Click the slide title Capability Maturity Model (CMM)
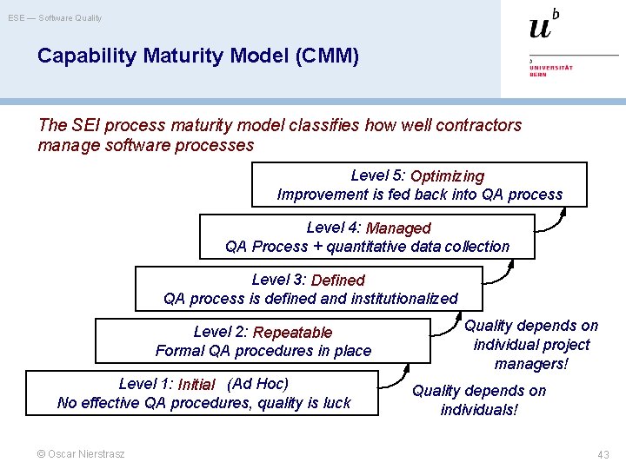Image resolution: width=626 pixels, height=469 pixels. point(197,56)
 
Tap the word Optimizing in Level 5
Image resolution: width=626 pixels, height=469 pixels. point(447,176)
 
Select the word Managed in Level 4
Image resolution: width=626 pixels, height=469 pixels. point(398,228)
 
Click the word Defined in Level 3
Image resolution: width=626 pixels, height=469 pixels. point(337,280)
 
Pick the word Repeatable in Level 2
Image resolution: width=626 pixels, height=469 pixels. point(292,332)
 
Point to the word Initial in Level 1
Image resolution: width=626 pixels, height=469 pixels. point(196,385)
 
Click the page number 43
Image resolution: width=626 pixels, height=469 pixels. point(603,455)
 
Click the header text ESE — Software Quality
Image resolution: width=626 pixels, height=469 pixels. point(56,17)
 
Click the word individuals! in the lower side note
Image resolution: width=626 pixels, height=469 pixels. point(479,409)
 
